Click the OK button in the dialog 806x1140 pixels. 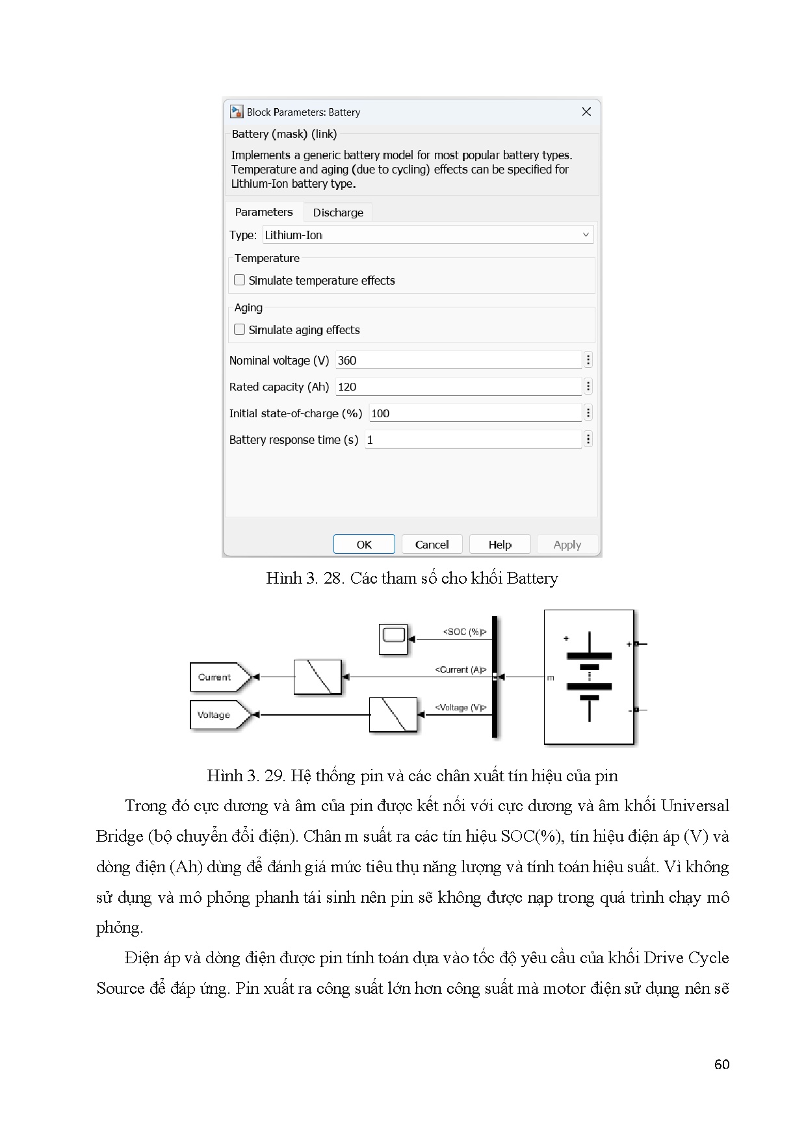pyautogui.click(x=364, y=545)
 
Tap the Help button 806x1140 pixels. pyautogui.click(x=500, y=545)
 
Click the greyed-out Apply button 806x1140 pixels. pyautogui.click(x=567, y=545)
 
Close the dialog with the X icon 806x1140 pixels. pyautogui.click(x=586, y=112)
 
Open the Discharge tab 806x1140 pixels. pyautogui.click(x=338, y=213)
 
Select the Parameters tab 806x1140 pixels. pyautogui.click(x=264, y=212)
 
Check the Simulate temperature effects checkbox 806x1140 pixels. pyautogui.click(x=240, y=280)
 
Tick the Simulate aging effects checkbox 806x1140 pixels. pyautogui.click(x=240, y=330)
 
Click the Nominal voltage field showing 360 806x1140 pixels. pyautogui.click(x=458, y=361)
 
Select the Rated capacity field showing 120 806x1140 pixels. pyautogui.click(x=458, y=387)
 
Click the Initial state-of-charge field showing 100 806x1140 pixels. pyautogui.click(x=474, y=413)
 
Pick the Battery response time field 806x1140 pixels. pyautogui.click(x=473, y=440)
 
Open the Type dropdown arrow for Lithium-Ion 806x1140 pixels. pyautogui.click(x=586, y=235)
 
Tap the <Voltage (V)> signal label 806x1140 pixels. pyautogui.click(x=460, y=707)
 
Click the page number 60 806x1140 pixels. pyautogui.click(x=721, y=1064)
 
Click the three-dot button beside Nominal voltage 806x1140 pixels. pyautogui.click(x=588, y=360)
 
